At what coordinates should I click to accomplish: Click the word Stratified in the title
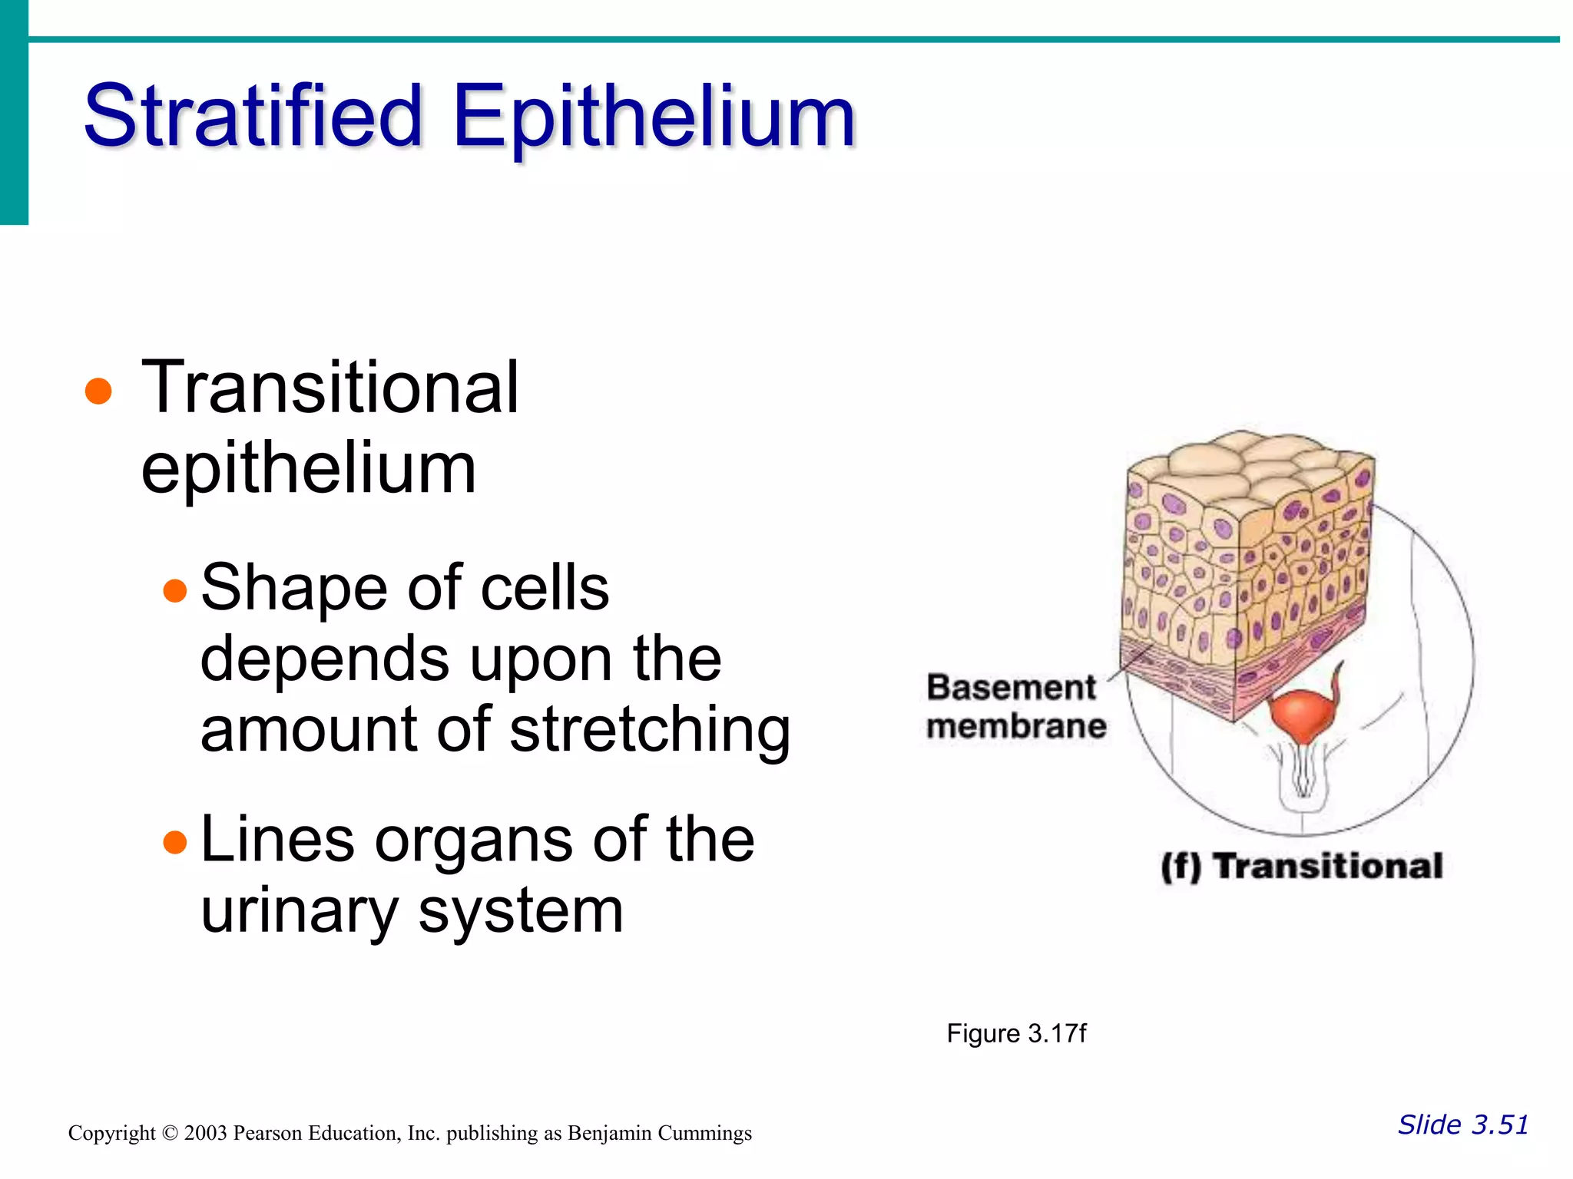[253, 117]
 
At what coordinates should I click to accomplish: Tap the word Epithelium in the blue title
[654, 117]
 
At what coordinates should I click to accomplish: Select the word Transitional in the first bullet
[330, 388]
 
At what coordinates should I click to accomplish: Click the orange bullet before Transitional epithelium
[98, 391]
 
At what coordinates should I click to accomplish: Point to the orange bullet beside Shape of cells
[175, 590]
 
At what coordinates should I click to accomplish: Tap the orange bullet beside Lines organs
[175, 842]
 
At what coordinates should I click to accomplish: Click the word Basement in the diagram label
[1011, 688]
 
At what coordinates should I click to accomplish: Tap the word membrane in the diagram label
[1016, 726]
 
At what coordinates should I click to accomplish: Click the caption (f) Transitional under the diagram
[1302, 866]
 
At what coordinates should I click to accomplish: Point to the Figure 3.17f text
[1016, 1034]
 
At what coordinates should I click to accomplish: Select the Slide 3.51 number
[1462, 1125]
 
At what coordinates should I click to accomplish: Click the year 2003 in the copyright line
[205, 1133]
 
